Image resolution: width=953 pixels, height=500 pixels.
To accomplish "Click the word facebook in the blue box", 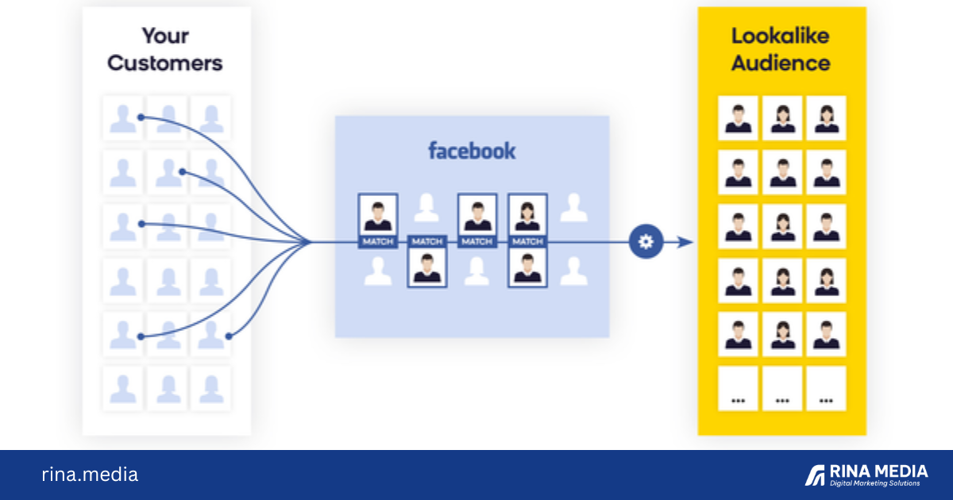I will [x=472, y=150].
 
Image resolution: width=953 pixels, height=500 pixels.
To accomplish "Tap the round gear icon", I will [x=646, y=241].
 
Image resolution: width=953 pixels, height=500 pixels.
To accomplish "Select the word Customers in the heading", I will [x=164, y=63].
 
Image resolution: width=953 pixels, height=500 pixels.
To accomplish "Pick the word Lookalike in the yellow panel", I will [x=781, y=36].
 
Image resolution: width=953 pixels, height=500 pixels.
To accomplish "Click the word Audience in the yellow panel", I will [x=781, y=63].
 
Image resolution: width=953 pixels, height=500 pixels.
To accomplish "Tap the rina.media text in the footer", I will [x=90, y=475].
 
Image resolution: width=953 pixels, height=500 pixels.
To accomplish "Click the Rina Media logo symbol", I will [x=815, y=475].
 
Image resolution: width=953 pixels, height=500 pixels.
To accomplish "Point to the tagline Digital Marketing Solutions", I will [x=875, y=483].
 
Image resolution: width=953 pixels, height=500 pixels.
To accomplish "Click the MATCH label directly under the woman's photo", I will [x=527, y=241].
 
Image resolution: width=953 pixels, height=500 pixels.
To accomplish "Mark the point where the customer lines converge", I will [x=310, y=241].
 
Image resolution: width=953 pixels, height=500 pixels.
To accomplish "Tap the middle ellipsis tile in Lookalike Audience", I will [x=781, y=388].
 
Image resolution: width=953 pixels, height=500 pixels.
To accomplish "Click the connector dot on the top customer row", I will [x=141, y=117].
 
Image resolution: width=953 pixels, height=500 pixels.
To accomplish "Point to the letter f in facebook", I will [x=432, y=150].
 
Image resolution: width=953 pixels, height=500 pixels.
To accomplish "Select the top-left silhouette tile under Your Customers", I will [x=122, y=118].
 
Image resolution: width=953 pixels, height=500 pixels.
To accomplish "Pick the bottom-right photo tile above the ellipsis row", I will [x=826, y=334].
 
